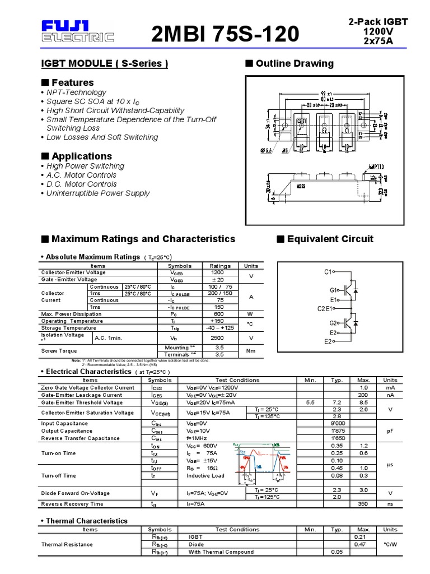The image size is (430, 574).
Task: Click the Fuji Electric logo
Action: click(77, 31)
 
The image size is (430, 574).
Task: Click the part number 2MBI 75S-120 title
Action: click(225, 35)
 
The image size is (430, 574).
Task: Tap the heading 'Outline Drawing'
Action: click(295, 63)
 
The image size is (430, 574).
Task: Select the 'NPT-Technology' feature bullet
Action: click(76, 92)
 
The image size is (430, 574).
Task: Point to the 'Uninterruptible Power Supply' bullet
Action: click(98, 193)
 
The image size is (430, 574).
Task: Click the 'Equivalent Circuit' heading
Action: click(330, 239)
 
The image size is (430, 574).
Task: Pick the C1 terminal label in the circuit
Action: click(328, 272)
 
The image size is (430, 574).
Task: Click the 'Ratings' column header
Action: click(220, 266)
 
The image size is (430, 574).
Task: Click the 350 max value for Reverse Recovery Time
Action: click(363, 504)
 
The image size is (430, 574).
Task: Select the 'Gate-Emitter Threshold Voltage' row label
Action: click(82, 402)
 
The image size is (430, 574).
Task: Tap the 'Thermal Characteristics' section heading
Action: click(86, 521)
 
